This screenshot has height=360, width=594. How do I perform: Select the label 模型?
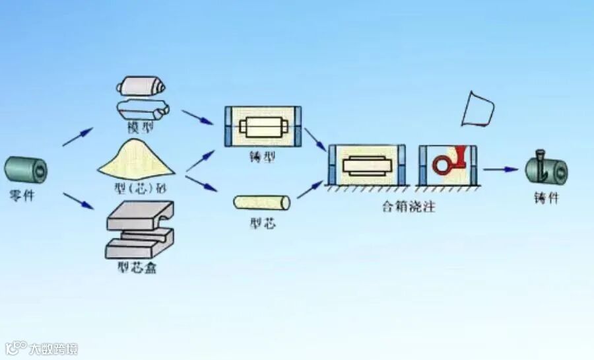141,126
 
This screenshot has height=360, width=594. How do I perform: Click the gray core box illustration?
139,229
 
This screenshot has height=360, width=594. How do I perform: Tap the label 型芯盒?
139,268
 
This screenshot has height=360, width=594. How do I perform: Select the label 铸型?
263,157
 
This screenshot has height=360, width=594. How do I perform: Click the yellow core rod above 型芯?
263,201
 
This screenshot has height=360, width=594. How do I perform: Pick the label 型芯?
263,223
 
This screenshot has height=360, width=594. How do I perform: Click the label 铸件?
546,198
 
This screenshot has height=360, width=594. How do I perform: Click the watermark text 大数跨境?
52,348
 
